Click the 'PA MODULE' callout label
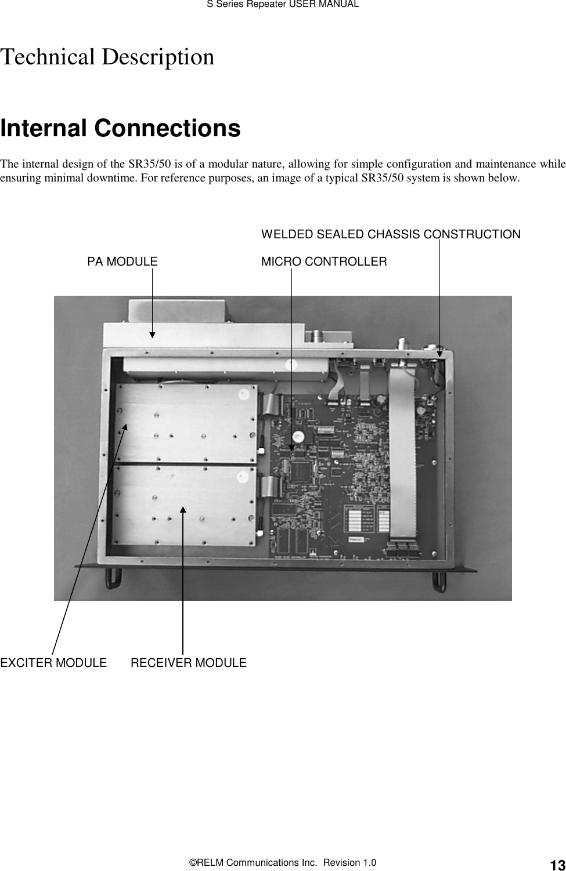click(x=122, y=262)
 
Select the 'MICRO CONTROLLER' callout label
click(x=324, y=262)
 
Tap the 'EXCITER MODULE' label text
click(x=53, y=662)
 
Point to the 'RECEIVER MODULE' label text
click(x=189, y=662)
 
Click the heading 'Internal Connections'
click(x=120, y=128)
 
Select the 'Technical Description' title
click(x=107, y=57)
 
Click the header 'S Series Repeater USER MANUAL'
click(x=283, y=5)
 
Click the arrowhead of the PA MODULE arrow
click(x=152, y=334)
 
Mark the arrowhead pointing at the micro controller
click(x=291, y=448)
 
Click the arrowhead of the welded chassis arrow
click(x=439, y=351)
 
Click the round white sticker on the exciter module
click(x=243, y=394)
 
